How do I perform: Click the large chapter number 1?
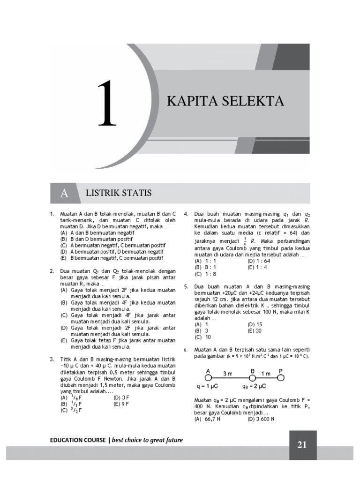[107, 104]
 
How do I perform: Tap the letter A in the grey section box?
[64, 194]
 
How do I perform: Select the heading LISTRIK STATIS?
[119, 193]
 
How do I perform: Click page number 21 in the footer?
[302, 445]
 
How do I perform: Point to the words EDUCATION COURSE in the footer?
[78, 440]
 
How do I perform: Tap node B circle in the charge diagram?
[252, 376]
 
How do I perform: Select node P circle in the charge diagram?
[281, 376]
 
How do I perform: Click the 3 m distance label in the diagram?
[228, 374]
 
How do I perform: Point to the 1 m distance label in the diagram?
[265, 374]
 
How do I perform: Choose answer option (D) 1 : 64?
[259, 261]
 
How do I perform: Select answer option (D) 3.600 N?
[261, 419]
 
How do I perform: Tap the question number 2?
[52, 271]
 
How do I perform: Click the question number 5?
[186, 286]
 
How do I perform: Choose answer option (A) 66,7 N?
[207, 419]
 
